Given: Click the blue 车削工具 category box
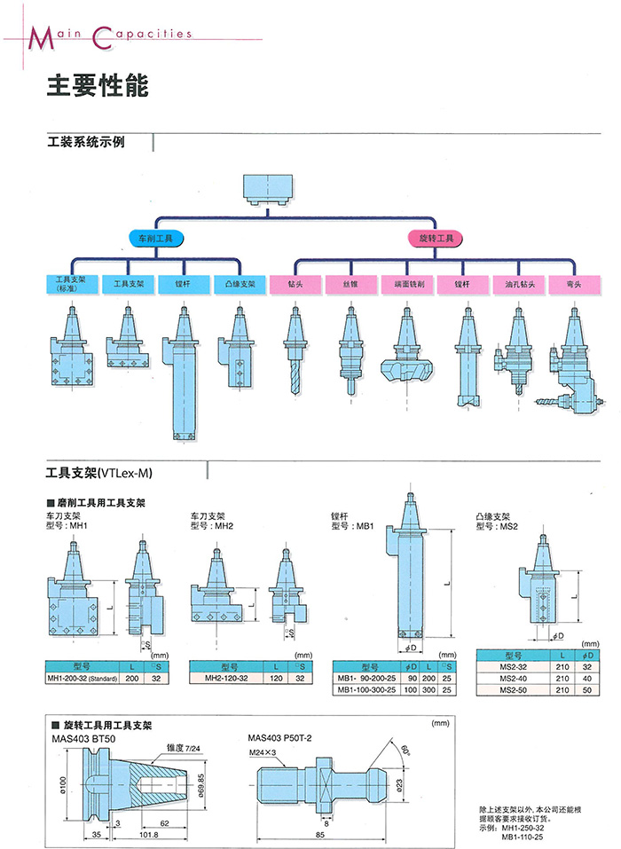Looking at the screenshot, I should [155, 239].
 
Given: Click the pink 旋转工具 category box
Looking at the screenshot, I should [436, 239].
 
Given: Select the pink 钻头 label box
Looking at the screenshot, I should [295, 285].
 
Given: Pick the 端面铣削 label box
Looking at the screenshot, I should [408, 285].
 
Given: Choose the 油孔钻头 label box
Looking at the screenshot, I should [521, 285].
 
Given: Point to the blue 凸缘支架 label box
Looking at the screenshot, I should [240, 285].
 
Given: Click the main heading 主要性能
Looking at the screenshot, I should [97, 86].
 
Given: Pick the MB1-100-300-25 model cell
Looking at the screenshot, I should [366, 688].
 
